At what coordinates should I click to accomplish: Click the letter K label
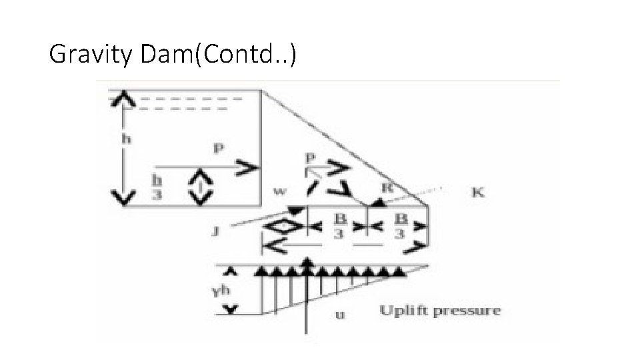pos(478,193)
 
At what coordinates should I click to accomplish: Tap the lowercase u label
pos(340,314)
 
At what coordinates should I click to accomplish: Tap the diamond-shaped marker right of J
pos(281,227)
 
